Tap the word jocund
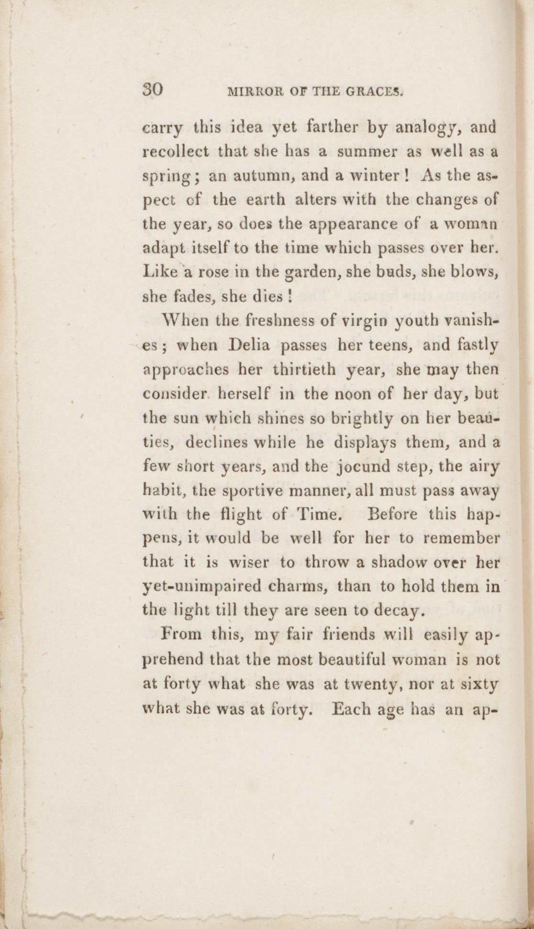tap(364, 466)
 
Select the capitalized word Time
tap(319, 515)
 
